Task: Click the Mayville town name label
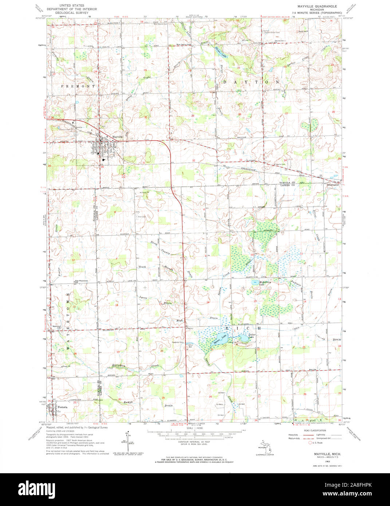pos(118,137)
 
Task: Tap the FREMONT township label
pos(78,86)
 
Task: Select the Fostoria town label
pos(61,407)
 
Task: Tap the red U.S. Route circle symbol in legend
pos(310,443)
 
